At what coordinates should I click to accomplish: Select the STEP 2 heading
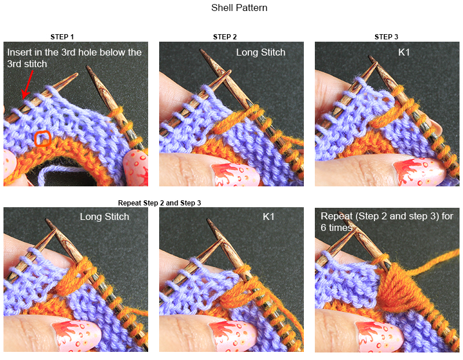(x=225, y=37)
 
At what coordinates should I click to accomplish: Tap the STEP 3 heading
(x=386, y=37)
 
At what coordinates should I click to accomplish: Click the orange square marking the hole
(x=43, y=138)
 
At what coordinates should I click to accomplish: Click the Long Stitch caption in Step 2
(x=260, y=53)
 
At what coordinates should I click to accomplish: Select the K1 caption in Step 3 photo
(x=405, y=53)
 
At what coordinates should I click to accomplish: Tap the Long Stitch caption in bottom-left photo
(x=104, y=217)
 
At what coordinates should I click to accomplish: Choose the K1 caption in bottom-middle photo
(x=269, y=217)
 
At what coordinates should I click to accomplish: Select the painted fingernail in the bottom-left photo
(x=74, y=335)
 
